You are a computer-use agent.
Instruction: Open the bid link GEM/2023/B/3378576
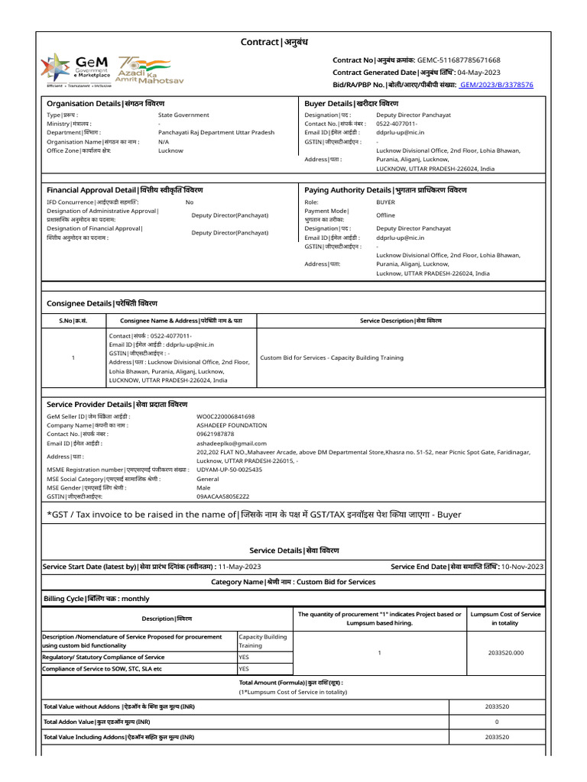(x=496, y=85)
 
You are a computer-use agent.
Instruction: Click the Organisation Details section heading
(x=105, y=103)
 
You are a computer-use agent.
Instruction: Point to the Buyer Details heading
(x=351, y=103)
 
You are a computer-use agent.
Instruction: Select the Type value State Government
(x=183, y=115)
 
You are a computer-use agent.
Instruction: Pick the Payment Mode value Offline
(x=386, y=215)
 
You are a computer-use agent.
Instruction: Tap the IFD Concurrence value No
(x=190, y=202)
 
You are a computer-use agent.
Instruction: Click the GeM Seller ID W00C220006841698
(x=225, y=416)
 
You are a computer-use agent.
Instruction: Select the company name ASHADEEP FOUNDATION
(x=232, y=425)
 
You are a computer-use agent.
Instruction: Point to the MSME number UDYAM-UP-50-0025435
(x=229, y=470)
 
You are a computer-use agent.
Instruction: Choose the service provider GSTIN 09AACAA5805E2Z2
(x=222, y=496)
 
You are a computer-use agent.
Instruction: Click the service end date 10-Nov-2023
(x=521, y=567)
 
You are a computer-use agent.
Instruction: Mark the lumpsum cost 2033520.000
(x=506, y=653)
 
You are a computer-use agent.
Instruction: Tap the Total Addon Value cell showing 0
(x=497, y=722)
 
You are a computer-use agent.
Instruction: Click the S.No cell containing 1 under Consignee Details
(x=73, y=357)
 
